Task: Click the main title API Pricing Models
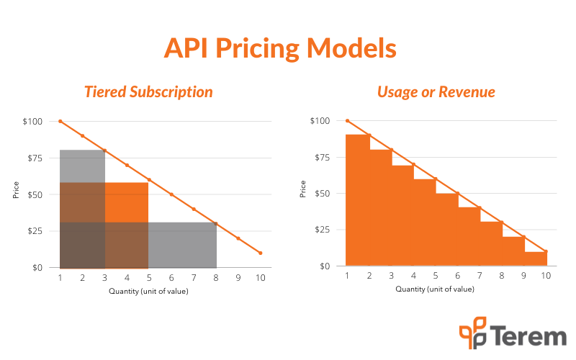(280, 49)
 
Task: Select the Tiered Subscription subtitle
(149, 92)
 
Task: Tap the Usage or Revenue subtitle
(436, 92)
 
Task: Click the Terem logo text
(529, 336)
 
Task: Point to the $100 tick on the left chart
(32, 122)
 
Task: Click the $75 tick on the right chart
(322, 158)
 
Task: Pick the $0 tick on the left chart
(37, 267)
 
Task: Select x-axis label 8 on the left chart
(216, 278)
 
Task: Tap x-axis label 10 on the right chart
(546, 276)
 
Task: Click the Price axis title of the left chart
(16, 190)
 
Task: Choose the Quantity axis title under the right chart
(435, 289)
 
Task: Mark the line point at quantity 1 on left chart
(60, 121)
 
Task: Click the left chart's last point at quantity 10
(261, 253)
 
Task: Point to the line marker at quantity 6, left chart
(171, 194)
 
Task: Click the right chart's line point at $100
(348, 120)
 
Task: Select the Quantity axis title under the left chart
(148, 292)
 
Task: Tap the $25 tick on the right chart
(322, 230)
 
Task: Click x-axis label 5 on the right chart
(436, 276)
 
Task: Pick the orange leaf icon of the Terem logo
(473, 333)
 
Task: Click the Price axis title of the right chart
(302, 189)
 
